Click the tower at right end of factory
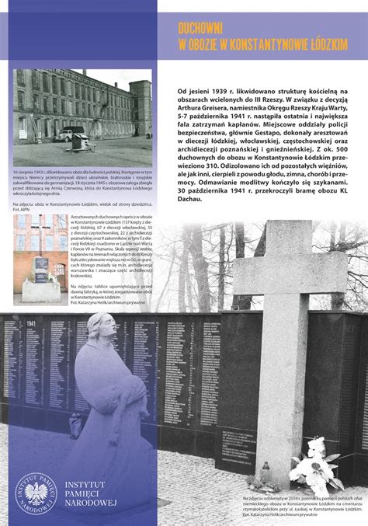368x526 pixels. [141, 117]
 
